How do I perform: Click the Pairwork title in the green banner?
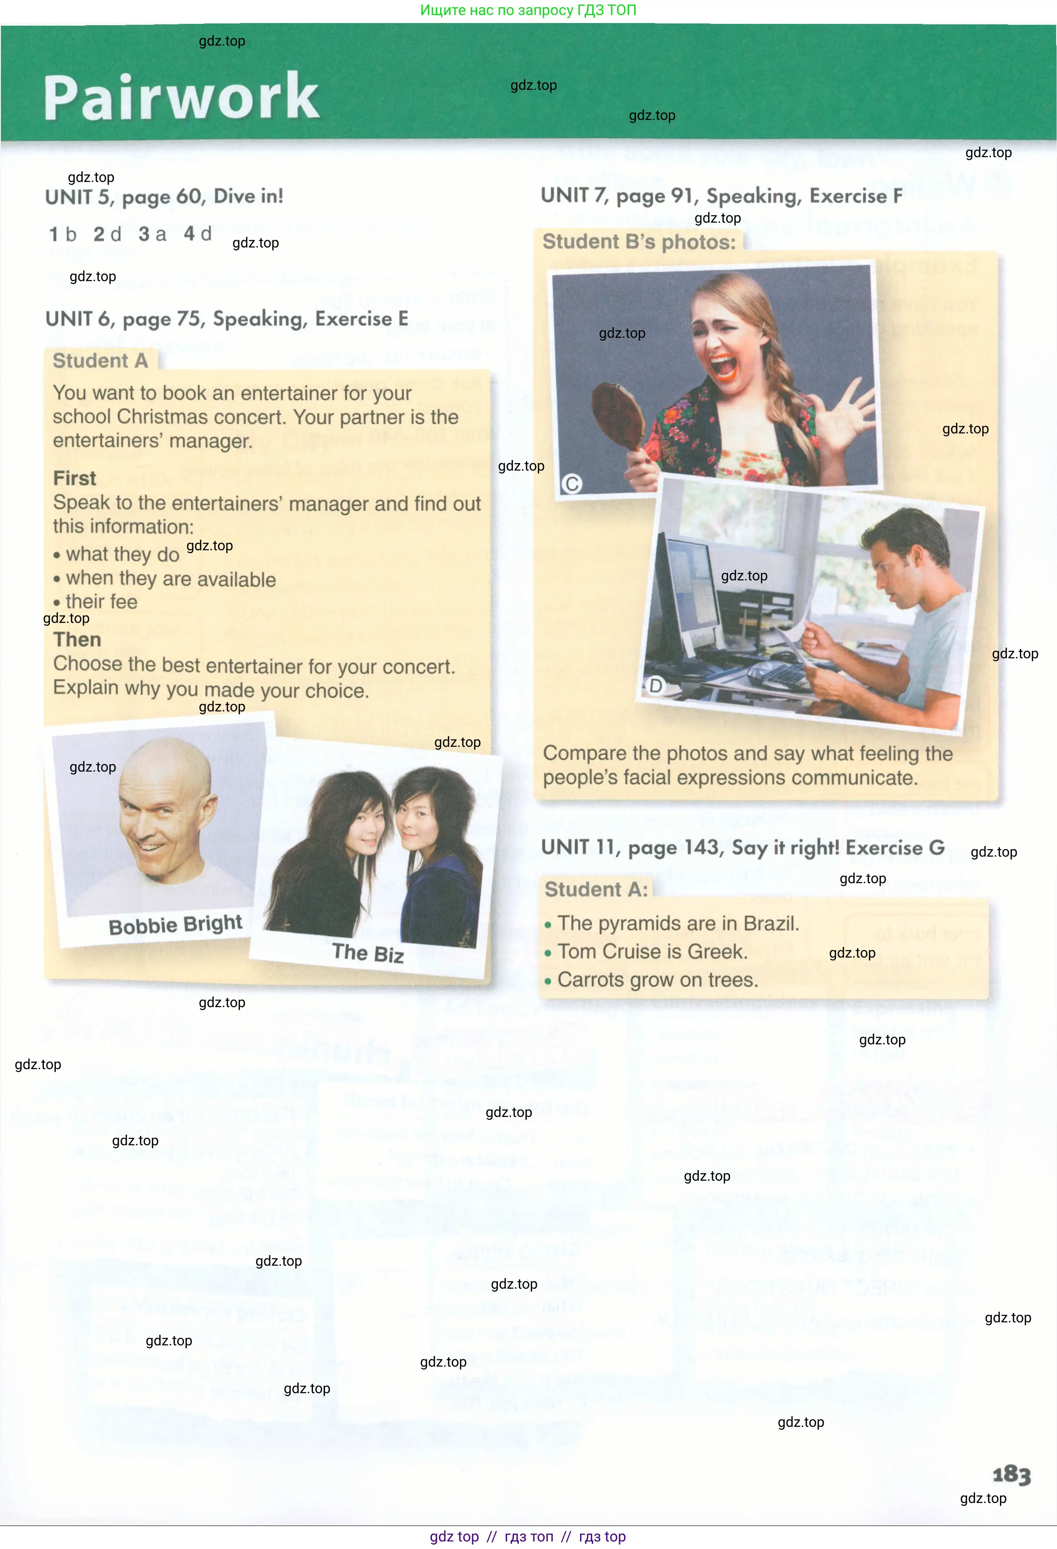(x=181, y=97)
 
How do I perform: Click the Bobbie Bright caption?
(x=175, y=925)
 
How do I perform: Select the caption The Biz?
(x=368, y=953)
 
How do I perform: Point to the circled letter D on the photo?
(x=656, y=685)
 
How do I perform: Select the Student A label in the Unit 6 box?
(x=100, y=361)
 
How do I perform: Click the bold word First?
(x=75, y=478)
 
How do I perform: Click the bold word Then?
(x=77, y=639)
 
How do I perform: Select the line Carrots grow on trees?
(x=657, y=980)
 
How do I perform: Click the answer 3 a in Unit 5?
(x=153, y=234)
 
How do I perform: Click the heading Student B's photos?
(x=638, y=241)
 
